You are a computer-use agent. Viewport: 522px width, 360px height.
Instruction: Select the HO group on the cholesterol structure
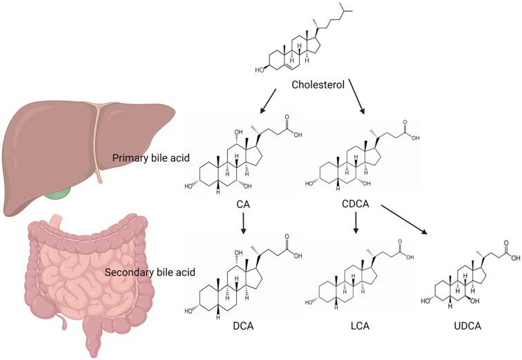click(259, 69)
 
